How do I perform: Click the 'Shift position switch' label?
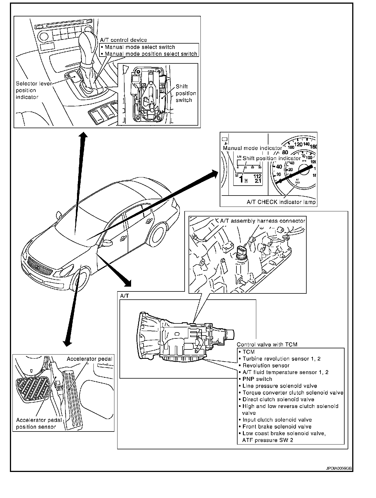click(185, 93)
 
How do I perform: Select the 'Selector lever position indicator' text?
click(33, 90)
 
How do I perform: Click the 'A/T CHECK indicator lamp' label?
click(281, 202)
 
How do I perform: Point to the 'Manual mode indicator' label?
click(252, 148)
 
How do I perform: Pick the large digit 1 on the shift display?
click(241, 179)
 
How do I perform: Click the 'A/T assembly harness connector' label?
click(263, 221)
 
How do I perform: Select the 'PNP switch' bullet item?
click(257, 379)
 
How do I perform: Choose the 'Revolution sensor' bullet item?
click(266, 366)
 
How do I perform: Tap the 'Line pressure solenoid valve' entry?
click(279, 386)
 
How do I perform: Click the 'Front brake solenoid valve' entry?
click(277, 427)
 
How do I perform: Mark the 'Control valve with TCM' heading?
click(267, 344)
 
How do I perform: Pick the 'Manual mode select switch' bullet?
click(140, 47)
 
